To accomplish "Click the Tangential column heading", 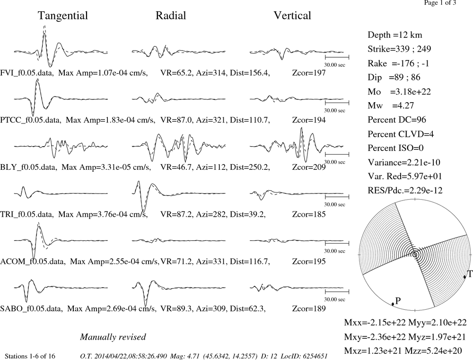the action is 63,16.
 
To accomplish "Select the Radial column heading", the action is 171,16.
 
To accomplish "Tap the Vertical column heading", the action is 292,16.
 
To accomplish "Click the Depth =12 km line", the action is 395,35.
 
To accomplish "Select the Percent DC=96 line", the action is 397,120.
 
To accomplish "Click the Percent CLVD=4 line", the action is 401,134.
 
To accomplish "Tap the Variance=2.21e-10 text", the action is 404,163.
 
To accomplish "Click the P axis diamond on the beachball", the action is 393,304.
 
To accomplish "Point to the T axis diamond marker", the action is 465,277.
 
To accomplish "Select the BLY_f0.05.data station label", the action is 29,167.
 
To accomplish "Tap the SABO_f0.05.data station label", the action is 32,309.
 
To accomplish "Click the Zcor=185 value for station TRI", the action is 309,214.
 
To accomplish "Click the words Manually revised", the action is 113,337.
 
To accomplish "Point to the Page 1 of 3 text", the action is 440,3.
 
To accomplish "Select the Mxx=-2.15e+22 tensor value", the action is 375,323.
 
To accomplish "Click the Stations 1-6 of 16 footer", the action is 30,356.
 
